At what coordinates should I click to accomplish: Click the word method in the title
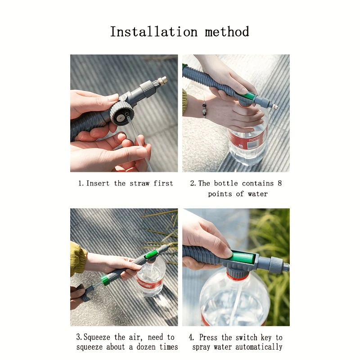click(x=227, y=32)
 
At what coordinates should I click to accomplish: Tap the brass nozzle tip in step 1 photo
click(x=162, y=81)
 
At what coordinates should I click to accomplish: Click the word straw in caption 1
click(x=139, y=183)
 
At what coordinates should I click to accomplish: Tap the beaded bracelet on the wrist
click(x=204, y=108)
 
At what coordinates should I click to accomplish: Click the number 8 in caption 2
click(x=279, y=183)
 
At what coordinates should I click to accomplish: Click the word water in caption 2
click(x=258, y=194)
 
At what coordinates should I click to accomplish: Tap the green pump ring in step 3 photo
click(x=105, y=280)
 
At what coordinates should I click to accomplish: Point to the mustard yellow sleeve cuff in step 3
click(x=78, y=259)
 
